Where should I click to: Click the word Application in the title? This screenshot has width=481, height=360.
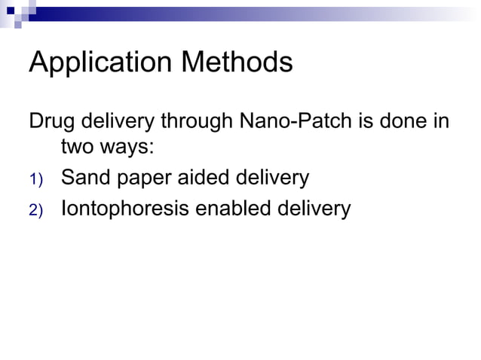(99, 63)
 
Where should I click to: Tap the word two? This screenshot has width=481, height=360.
(78, 148)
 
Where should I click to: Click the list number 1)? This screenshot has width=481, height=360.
(37, 179)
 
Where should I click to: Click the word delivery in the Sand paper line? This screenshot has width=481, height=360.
(272, 178)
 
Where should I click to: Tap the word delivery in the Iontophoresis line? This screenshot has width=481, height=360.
(313, 209)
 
